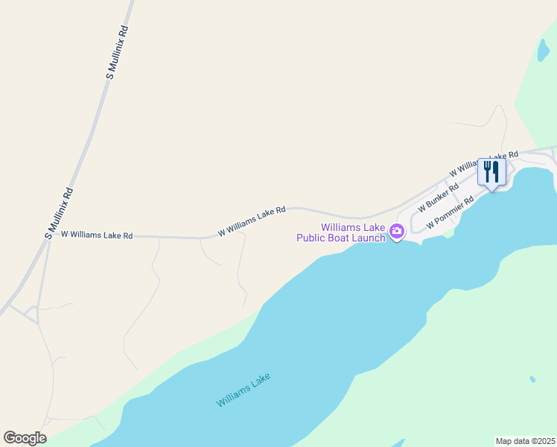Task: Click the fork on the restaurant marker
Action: tap(487, 171)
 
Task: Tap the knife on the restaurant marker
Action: tap(496, 171)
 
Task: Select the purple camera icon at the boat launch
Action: tap(397, 232)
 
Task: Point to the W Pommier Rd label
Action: tap(450, 213)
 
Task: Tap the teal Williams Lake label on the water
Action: tap(244, 390)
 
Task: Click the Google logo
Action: tap(25, 438)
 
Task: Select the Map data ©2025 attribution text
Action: tap(525, 441)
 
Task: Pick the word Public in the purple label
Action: tap(313, 238)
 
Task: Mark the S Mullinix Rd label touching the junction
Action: tap(59, 212)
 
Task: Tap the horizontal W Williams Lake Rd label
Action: tap(96, 235)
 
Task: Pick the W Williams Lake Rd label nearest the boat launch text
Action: tap(252, 222)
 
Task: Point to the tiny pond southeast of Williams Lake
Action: tap(532, 379)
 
